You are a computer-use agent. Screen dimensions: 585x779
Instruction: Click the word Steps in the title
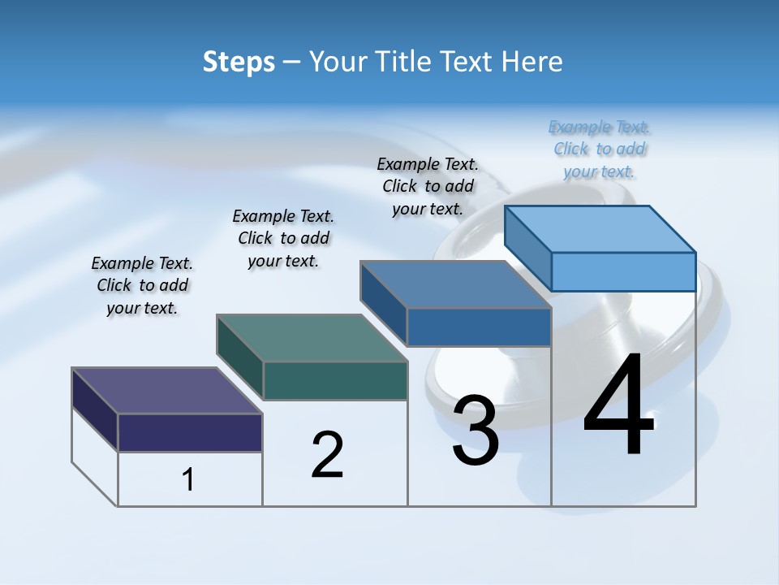point(239,62)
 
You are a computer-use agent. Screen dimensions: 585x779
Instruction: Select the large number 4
point(618,407)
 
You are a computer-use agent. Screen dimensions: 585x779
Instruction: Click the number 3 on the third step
point(476,431)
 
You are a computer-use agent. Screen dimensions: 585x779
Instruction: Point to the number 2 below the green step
point(328,455)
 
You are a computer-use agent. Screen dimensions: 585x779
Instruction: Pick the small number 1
point(188,480)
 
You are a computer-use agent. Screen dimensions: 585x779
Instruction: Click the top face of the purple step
point(166,391)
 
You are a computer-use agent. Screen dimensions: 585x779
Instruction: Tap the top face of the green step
point(312,338)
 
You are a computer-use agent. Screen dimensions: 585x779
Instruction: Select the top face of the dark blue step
point(455,284)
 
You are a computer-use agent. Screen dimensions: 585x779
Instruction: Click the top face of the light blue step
point(600,229)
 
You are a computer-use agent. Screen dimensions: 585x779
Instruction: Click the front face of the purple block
point(190,432)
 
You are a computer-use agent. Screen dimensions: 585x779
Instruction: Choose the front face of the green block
point(335,380)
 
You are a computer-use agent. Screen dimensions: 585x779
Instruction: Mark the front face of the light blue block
point(623,271)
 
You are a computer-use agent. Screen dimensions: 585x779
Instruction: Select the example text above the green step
point(283,238)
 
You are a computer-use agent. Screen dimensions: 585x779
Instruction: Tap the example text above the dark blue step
point(428,186)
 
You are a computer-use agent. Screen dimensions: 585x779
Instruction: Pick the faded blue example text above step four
point(600,149)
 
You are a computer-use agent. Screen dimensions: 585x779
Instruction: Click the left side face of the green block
point(239,357)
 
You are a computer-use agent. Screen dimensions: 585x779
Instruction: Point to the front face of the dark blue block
point(479,327)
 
